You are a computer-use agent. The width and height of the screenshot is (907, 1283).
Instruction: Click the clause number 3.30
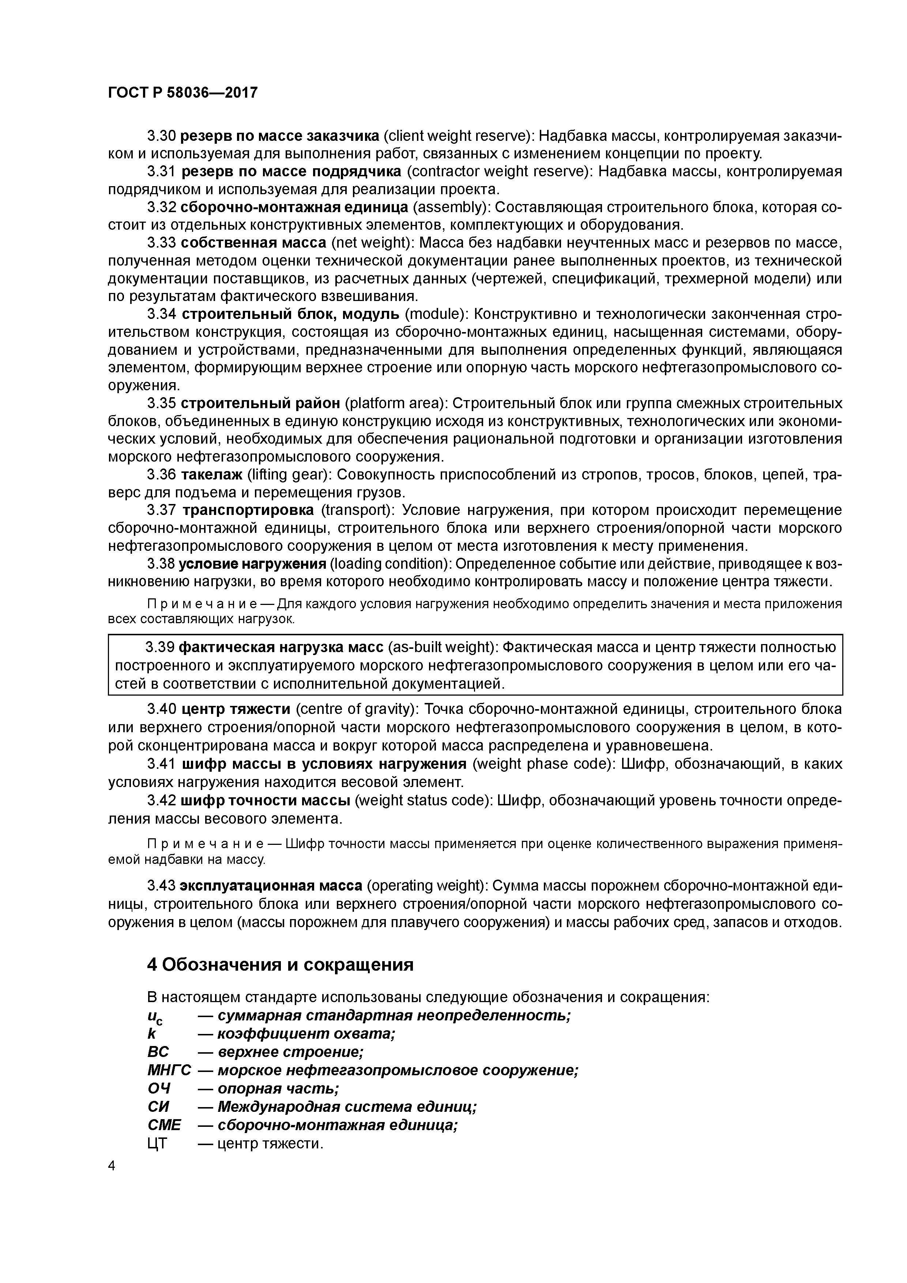tap(162, 136)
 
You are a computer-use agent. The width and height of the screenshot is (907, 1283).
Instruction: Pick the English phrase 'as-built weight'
tap(441, 647)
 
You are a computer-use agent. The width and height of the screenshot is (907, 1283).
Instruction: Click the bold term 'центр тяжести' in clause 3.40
tap(236, 709)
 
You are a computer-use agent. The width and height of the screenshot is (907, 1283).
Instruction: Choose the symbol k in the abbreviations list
tap(151, 1034)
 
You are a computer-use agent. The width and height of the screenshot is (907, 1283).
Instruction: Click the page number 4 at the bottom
tap(111, 1165)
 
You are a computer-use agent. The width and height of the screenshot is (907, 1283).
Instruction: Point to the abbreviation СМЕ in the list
tap(164, 1125)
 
